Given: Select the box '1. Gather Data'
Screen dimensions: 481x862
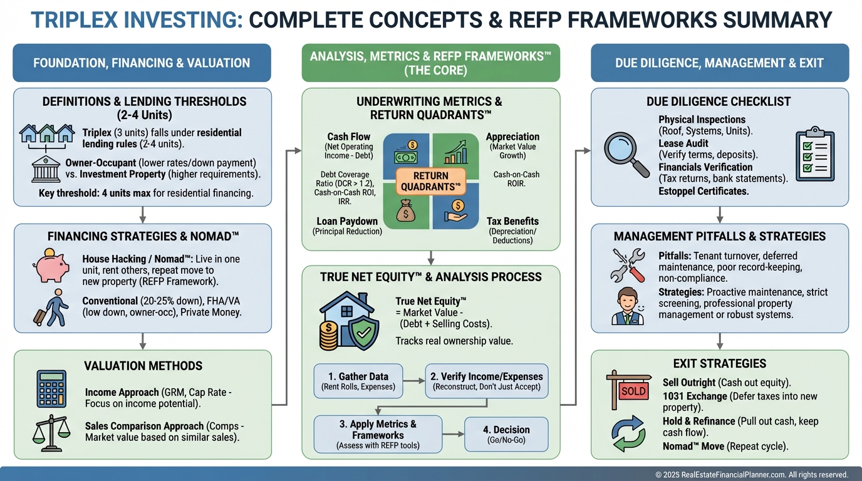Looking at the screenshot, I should click(x=358, y=381).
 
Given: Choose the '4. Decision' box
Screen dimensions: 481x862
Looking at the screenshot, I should click(x=506, y=434).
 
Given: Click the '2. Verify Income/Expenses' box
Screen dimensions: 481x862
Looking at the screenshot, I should click(x=487, y=381).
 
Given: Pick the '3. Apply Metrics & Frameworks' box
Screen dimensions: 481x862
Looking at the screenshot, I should click(x=378, y=434).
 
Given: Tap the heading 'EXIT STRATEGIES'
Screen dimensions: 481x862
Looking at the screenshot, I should click(x=719, y=364).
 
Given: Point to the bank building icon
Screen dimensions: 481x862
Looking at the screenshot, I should click(x=46, y=169).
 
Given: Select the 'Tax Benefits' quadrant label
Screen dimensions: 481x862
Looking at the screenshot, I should click(x=512, y=221).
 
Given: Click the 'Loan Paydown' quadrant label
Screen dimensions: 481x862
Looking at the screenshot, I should click(x=346, y=221).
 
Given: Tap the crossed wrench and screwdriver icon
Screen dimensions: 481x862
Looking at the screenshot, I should click(x=627, y=265).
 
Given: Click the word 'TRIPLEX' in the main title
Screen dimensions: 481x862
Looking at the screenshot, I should click(x=79, y=20).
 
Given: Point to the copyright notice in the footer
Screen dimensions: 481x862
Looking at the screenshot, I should click(x=751, y=475).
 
